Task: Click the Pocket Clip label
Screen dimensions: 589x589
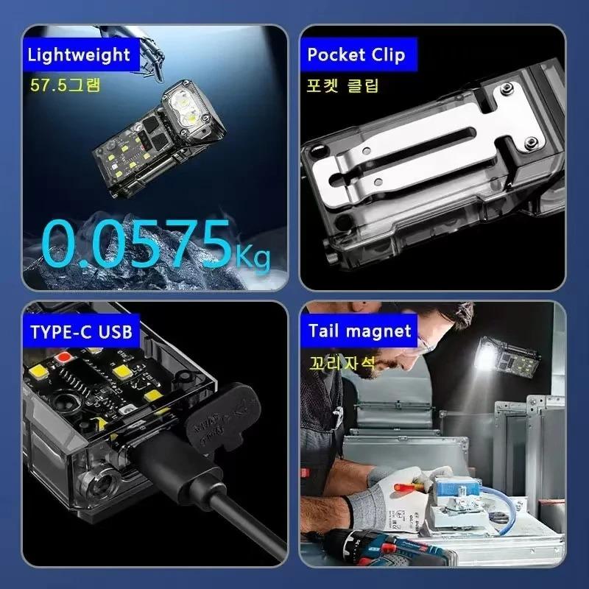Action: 356,54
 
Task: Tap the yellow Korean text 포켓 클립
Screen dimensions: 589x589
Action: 342,85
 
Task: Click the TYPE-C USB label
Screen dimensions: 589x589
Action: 81,331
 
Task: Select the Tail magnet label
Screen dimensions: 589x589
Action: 359,331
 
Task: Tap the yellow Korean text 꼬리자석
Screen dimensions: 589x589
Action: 342,362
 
